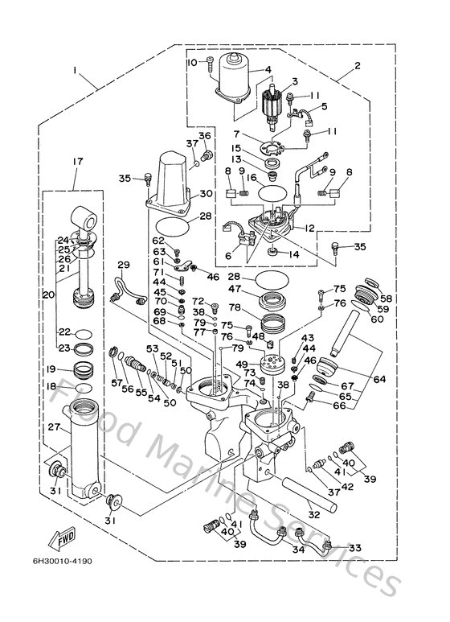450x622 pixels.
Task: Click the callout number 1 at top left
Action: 75,72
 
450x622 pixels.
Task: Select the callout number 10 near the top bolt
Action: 192,62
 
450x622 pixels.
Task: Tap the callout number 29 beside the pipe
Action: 123,265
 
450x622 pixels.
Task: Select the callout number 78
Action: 235,308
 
